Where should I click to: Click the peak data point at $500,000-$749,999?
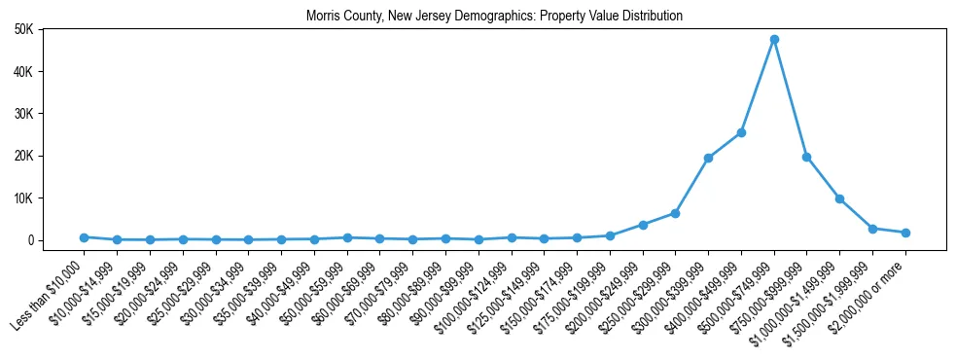[774, 39]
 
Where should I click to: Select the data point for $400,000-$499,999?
[741, 132]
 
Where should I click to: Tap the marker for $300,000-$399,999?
[708, 158]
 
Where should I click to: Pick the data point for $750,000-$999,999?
[807, 157]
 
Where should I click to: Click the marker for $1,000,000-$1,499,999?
[839, 198]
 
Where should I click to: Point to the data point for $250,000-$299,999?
[675, 213]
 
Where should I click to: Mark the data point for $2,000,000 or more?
[905, 233]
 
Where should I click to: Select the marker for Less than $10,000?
[84, 237]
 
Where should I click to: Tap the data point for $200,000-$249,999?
[643, 225]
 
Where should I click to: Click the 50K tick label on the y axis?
[22, 29]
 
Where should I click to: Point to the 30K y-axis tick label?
[22, 114]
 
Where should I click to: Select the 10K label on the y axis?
[22, 198]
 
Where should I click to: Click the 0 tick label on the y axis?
[30, 240]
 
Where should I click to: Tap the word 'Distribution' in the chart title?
[650, 17]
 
